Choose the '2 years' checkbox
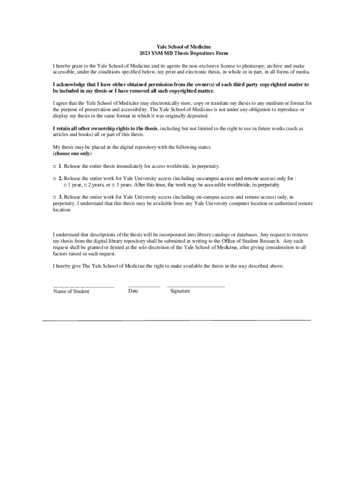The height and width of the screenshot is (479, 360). tap(86, 185)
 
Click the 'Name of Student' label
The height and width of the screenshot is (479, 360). tap(71, 291)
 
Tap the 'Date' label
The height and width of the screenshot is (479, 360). tap(133, 291)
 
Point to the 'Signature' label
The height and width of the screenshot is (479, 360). tap(180, 291)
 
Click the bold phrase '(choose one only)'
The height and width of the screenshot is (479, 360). tap(72, 153)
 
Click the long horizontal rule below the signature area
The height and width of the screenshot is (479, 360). tap(177, 320)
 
